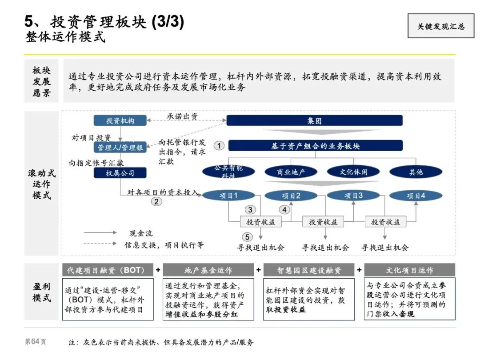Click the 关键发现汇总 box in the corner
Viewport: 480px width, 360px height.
[x=440, y=26]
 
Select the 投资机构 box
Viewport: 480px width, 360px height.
[x=120, y=121]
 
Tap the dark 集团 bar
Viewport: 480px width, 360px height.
[x=315, y=121]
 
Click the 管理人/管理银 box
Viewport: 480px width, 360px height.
[x=120, y=148]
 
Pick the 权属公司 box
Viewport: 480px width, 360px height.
[x=120, y=173]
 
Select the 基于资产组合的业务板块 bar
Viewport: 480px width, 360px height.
[x=315, y=146]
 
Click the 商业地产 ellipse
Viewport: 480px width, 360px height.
[x=291, y=172]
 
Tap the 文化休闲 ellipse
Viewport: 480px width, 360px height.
[x=354, y=172]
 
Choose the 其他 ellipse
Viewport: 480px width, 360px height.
[x=416, y=172]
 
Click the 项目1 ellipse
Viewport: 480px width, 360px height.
[x=229, y=196]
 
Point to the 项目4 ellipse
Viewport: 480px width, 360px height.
[x=416, y=196]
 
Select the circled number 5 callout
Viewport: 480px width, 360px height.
[x=248, y=237]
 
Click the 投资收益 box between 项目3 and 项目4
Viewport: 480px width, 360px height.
[x=385, y=222]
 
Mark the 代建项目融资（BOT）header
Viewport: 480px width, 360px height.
[x=108, y=270]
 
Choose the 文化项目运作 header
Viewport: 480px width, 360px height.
[x=409, y=270]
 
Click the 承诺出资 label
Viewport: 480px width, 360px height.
[x=182, y=116]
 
